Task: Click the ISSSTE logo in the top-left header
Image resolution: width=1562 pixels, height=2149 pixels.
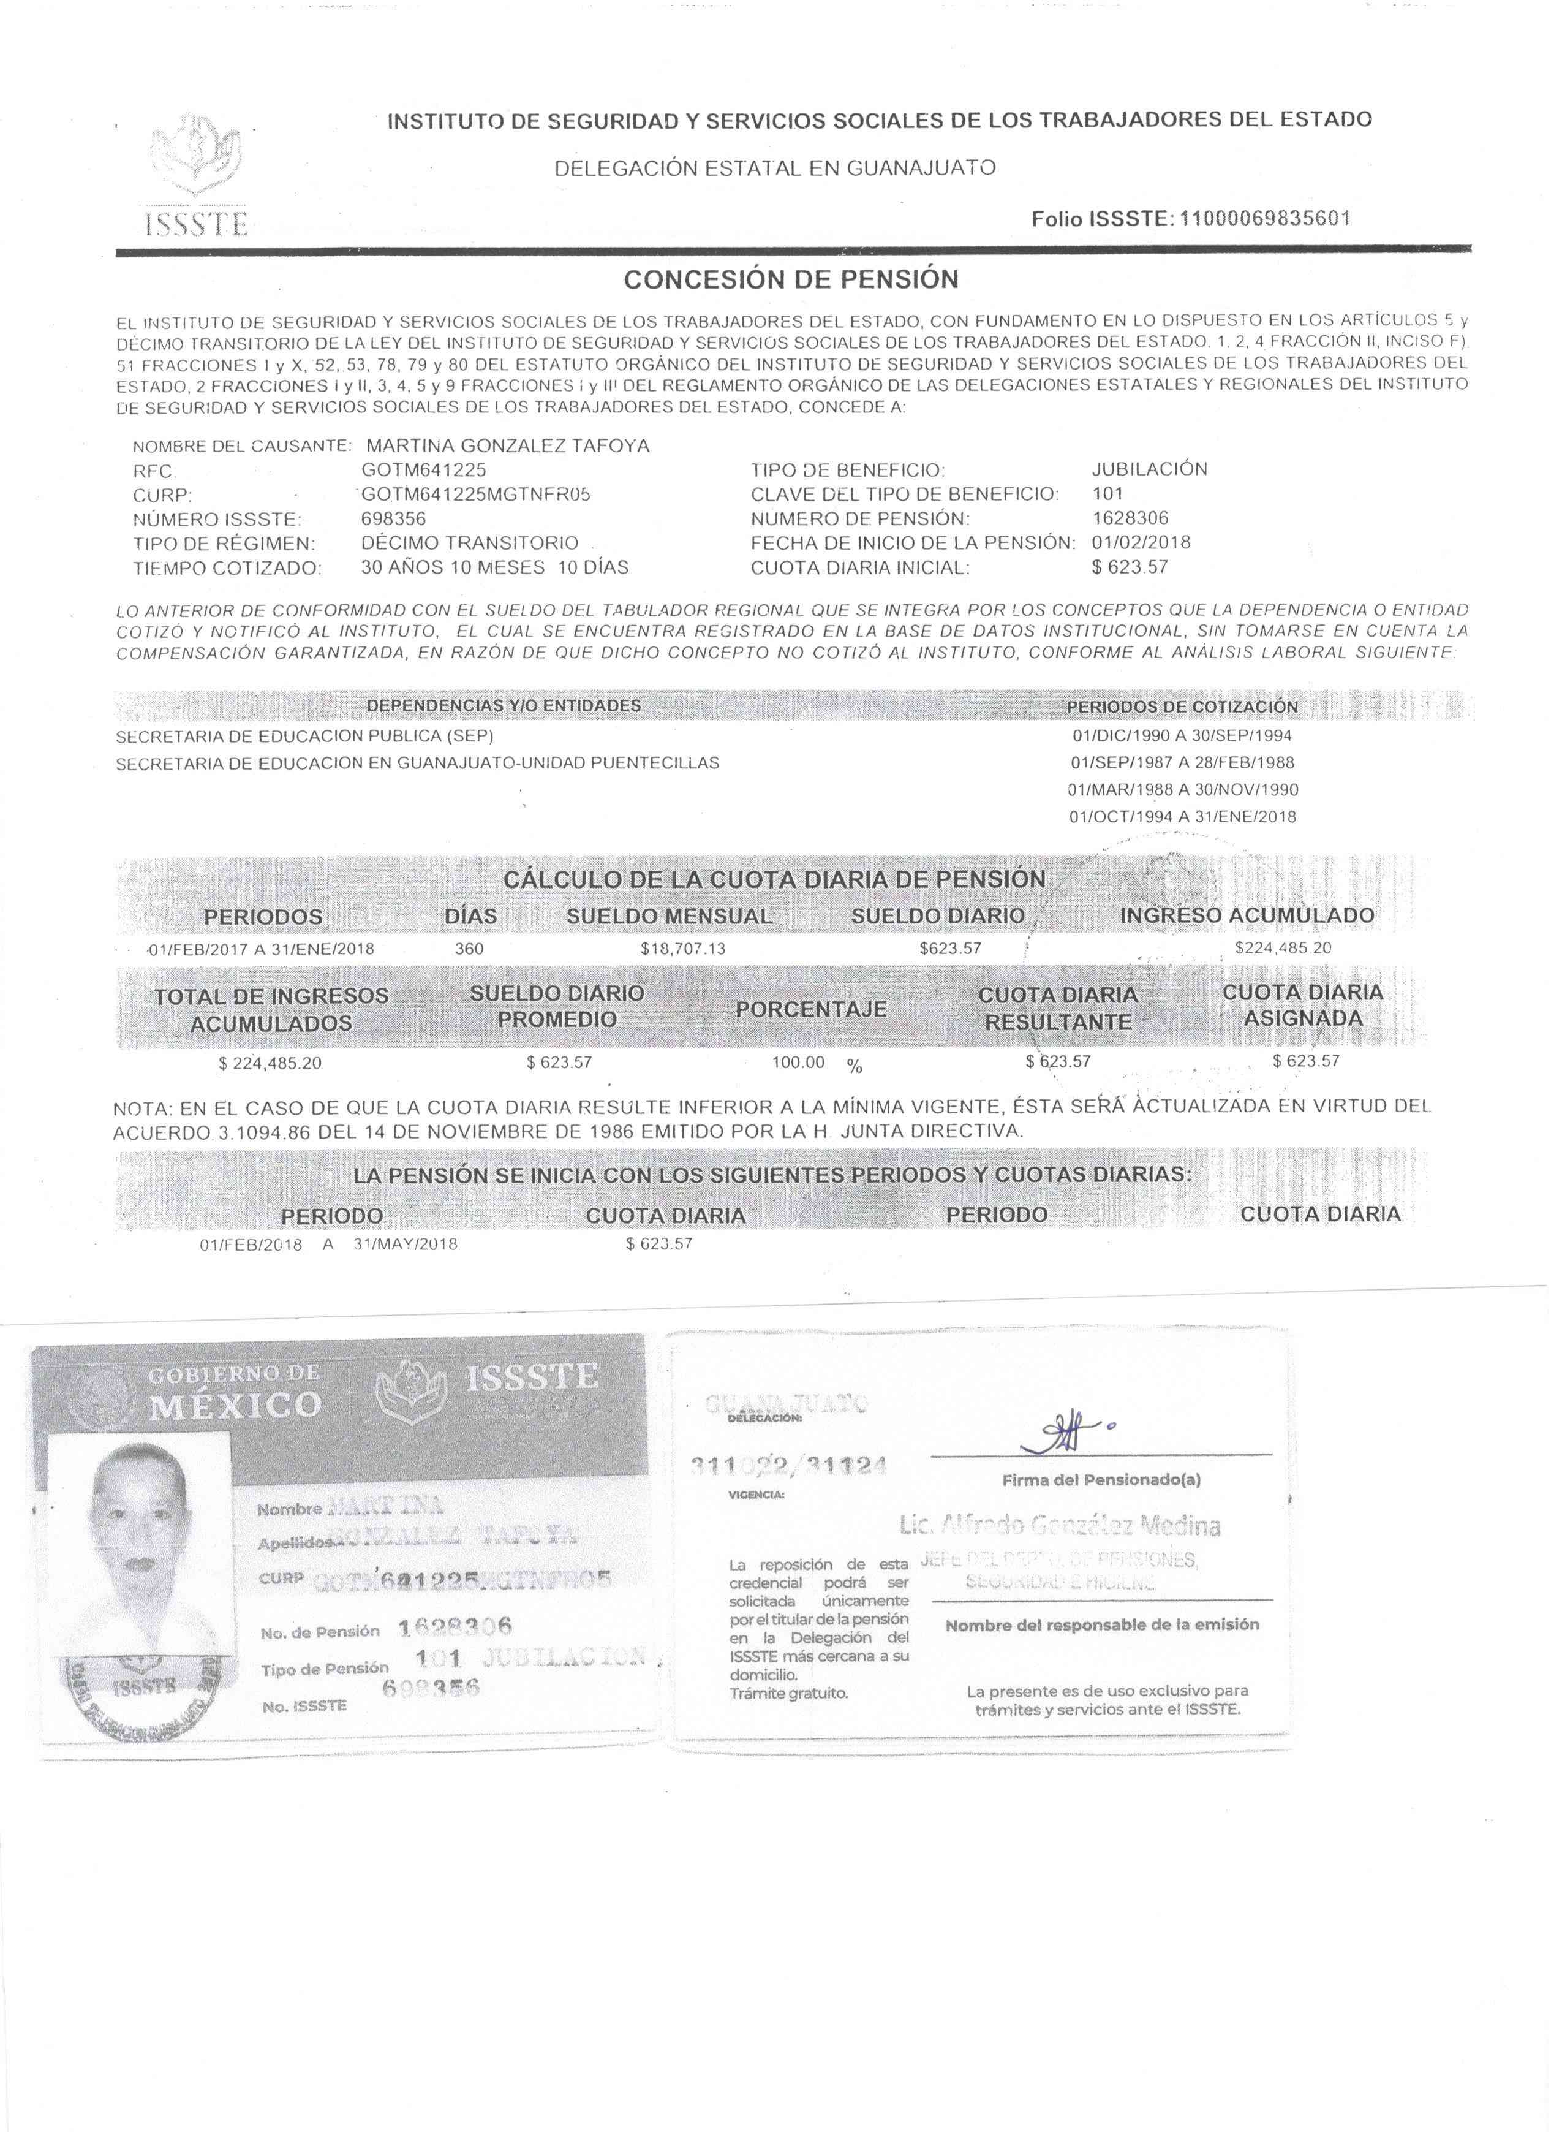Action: tap(197, 175)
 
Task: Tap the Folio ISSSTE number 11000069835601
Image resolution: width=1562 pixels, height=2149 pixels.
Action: tap(1264, 219)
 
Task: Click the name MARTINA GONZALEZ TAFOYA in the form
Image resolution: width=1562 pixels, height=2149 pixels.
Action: tap(508, 445)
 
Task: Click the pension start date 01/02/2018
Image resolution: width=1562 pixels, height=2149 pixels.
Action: tap(1141, 543)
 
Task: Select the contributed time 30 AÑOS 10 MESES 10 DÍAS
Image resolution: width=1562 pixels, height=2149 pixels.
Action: tap(494, 567)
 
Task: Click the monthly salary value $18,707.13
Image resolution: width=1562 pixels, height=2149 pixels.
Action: tap(683, 949)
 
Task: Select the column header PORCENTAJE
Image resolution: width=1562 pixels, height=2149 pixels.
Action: tap(811, 1009)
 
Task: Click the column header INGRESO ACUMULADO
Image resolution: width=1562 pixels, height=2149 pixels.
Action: tap(1247, 915)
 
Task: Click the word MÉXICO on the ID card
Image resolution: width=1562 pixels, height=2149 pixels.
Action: tap(236, 1405)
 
